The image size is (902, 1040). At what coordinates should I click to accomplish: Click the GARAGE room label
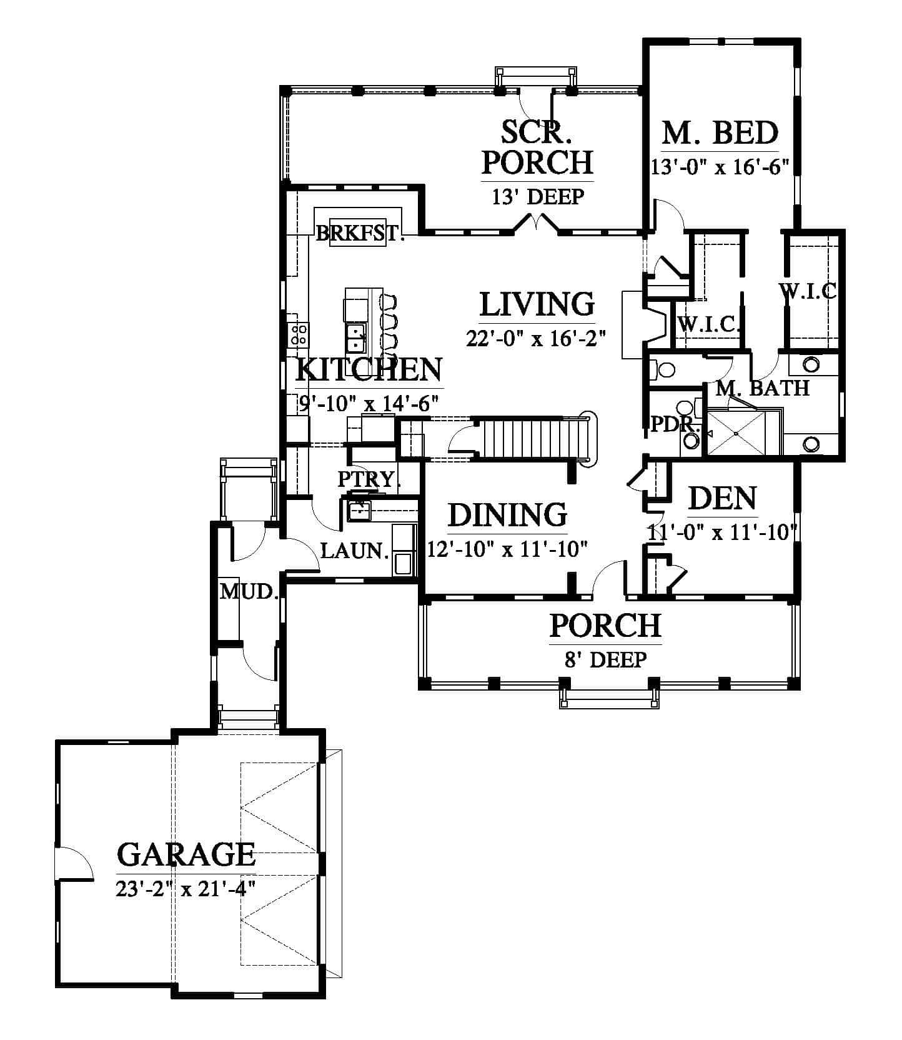point(186,854)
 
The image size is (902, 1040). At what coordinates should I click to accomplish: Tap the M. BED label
point(720,132)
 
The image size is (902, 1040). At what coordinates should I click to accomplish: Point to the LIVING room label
point(537,304)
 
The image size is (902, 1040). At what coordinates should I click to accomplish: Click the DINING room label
point(507,515)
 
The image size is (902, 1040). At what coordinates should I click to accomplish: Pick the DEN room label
point(722,498)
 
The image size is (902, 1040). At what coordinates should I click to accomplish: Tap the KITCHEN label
point(369,369)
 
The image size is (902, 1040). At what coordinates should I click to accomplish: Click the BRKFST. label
point(359,234)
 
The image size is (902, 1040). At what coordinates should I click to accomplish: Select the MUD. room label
point(249,591)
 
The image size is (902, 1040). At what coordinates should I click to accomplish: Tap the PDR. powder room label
point(674,424)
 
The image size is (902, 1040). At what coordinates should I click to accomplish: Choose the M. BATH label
point(762,388)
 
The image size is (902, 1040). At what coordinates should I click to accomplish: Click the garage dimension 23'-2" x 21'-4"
point(186,887)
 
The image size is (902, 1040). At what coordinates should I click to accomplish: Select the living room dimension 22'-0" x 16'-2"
point(537,338)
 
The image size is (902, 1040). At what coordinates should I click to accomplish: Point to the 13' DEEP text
point(537,197)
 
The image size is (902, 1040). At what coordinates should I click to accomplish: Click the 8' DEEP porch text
point(605,659)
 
